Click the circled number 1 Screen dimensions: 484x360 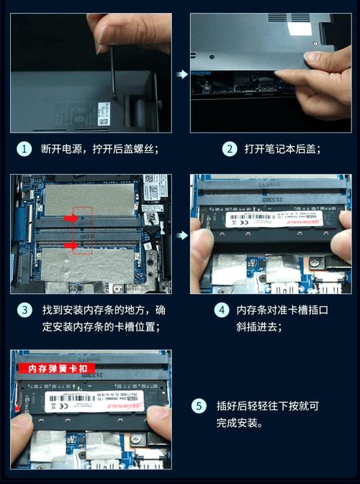24,149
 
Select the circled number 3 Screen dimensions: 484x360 24,310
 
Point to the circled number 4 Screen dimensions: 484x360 222,310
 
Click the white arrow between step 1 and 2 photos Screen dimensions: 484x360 183,73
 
